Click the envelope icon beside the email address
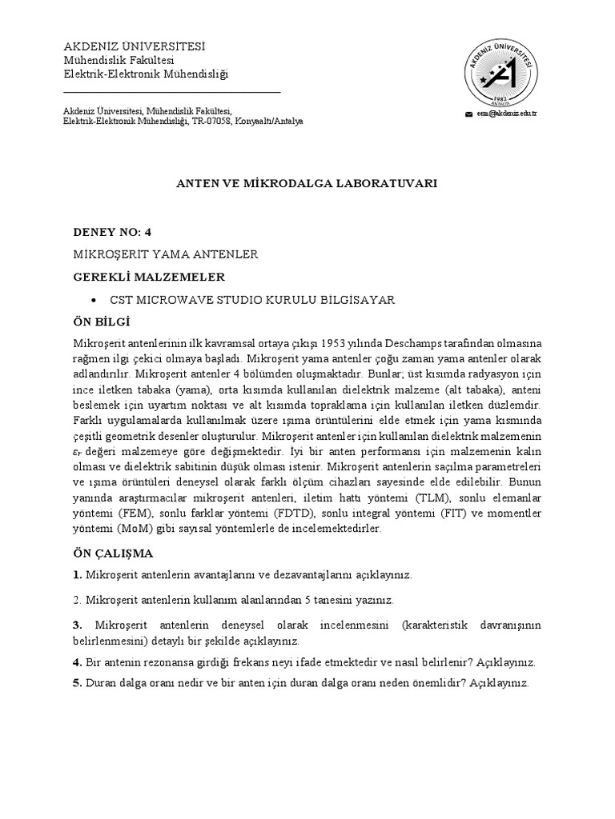[469, 114]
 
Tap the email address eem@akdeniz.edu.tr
[506, 114]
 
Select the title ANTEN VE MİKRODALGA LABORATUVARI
[307, 183]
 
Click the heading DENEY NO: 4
[111, 232]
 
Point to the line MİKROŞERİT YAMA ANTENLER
[165, 254]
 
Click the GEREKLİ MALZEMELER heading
[149, 277]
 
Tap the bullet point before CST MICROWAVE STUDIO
[95, 300]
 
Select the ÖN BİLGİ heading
[102, 322]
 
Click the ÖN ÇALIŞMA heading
[113, 553]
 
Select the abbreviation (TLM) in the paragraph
[425, 498]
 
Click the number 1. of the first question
[78, 575]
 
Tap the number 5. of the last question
[78, 684]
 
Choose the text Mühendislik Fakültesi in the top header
[119, 61]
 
